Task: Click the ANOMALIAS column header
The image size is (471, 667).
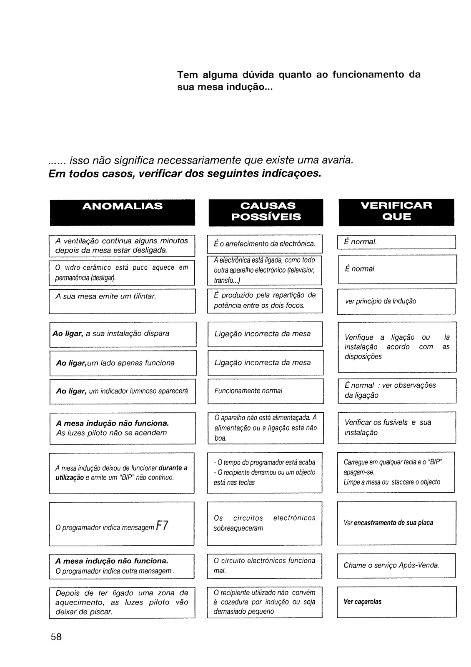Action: (x=122, y=206)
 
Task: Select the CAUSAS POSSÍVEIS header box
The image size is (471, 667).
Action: (x=266, y=211)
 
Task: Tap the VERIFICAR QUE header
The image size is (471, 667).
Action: (x=396, y=211)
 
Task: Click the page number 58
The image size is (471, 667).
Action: (x=56, y=637)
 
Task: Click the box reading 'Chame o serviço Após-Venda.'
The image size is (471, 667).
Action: (x=396, y=565)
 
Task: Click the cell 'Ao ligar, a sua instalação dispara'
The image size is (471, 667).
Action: (x=123, y=334)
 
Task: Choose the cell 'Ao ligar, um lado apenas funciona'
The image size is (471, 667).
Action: (x=123, y=363)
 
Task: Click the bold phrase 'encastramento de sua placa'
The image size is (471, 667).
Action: (x=393, y=523)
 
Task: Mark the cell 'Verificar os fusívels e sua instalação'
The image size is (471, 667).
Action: (x=396, y=427)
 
